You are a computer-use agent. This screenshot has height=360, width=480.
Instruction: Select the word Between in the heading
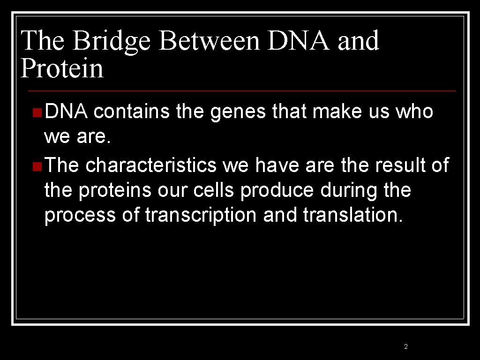pyautogui.click(x=210, y=41)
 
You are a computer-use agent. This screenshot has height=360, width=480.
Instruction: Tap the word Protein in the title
pyautogui.click(x=62, y=68)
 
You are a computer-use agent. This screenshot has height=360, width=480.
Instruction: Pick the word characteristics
pyautogui.click(x=151, y=165)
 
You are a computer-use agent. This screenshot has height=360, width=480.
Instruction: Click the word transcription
pyautogui.click(x=201, y=215)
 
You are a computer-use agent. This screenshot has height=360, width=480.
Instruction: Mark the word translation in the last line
pyautogui.click(x=352, y=215)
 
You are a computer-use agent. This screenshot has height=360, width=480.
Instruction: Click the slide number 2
pyautogui.click(x=406, y=347)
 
